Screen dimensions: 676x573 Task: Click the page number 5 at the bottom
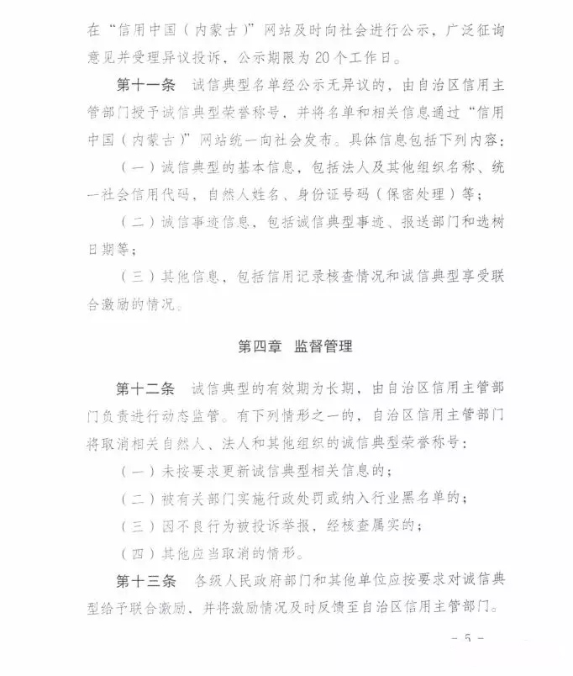click(468, 640)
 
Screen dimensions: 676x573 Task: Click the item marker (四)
click(139, 554)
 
